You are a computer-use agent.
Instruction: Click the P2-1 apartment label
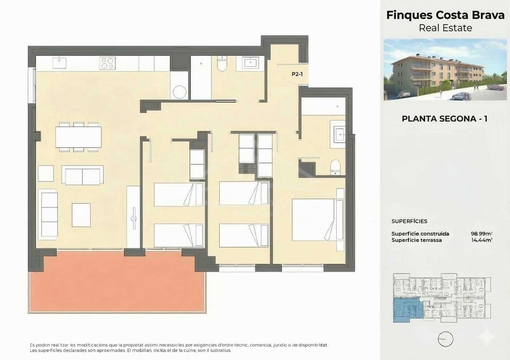pos(297,74)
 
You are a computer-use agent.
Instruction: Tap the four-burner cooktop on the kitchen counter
pos(107,63)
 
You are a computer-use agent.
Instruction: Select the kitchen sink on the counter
pos(59,63)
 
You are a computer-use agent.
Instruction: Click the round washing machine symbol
pos(180,91)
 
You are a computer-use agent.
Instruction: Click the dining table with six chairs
pos(78,137)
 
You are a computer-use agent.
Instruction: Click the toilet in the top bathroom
pos(222,64)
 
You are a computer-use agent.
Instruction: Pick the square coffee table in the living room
pos(81,215)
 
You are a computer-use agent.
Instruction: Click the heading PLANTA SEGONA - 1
pos(444,119)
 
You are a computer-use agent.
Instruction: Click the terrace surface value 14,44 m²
pos(482,240)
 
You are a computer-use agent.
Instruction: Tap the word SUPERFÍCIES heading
pos(409,221)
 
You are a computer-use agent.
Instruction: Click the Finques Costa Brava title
pos(445,15)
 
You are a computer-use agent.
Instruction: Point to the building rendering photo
pos(445,70)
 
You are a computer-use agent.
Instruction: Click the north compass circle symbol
pos(445,339)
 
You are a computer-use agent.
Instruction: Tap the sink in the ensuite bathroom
pos(338,134)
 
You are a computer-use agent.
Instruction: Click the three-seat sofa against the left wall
pos(49,214)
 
